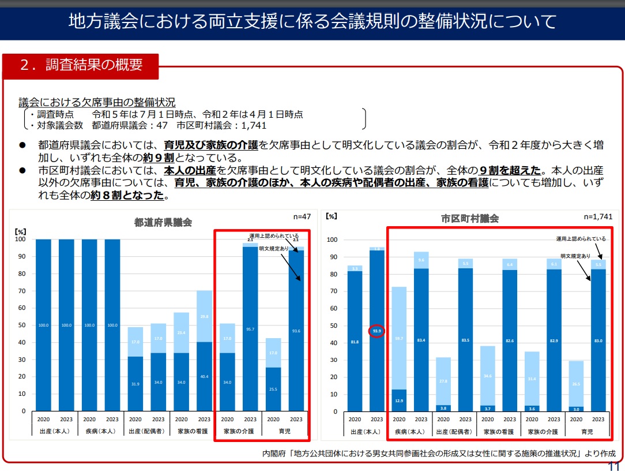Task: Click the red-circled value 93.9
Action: pos(376,331)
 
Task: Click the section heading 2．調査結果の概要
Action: pos(81,65)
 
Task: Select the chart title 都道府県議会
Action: pos(163,222)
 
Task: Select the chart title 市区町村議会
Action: pos(470,219)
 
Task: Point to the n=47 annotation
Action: pos(302,217)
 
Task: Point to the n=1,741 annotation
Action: pos(598,217)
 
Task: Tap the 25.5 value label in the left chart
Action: pos(273,389)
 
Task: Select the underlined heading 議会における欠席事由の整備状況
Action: pos(97,102)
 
